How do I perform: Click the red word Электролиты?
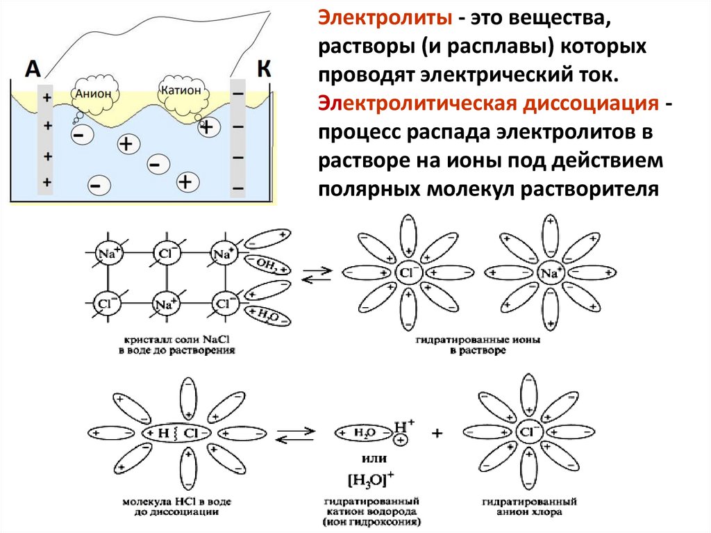[383, 18]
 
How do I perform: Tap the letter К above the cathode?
[263, 68]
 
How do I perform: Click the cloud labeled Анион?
[96, 94]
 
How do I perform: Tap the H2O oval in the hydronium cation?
[364, 432]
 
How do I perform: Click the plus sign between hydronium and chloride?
[437, 434]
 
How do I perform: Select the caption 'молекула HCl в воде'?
[176, 501]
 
